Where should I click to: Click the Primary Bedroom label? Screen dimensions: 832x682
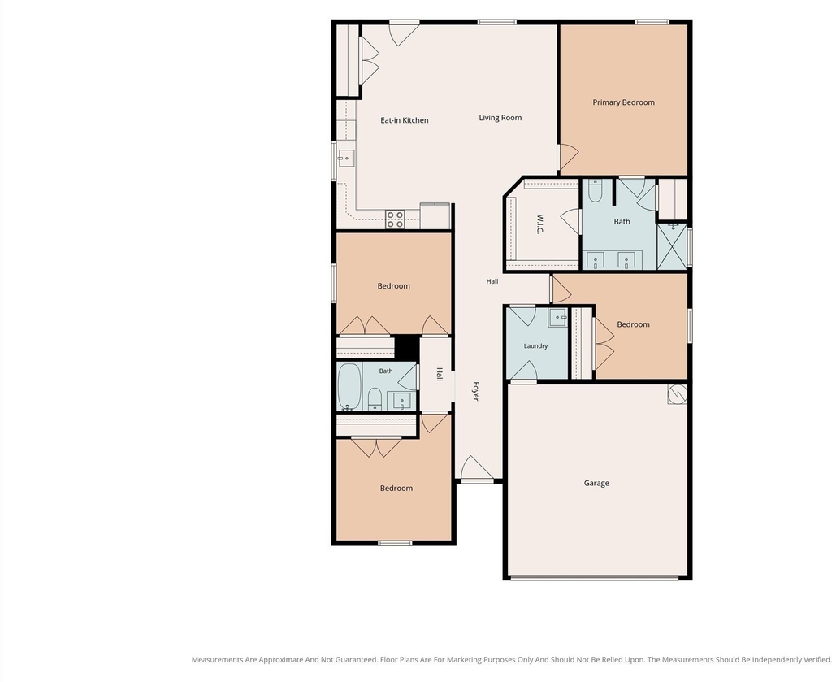point(623,102)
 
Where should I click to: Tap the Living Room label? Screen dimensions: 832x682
point(500,118)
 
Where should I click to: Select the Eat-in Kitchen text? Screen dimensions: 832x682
point(405,120)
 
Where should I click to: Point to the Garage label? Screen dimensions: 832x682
point(596,483)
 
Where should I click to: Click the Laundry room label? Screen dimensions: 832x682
point(535,346)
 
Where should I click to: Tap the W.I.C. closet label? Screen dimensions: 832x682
point(539,224)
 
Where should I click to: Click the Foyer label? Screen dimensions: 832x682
point(476,391)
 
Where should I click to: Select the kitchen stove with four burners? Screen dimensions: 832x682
point(396,219)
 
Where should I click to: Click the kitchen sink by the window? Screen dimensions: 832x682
point(346,158)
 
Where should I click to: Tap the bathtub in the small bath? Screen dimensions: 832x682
point(349,386)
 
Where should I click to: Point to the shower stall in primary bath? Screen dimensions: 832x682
point(672,247)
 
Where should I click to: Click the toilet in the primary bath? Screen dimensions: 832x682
point(595,191)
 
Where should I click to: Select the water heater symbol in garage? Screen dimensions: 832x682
point(677,393)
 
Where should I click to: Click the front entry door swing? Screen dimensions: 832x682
point(476,467)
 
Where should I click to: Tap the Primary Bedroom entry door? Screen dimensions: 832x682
point(568,157)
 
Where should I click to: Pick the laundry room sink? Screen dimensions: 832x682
point(557,317)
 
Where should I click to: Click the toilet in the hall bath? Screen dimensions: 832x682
point(375,399)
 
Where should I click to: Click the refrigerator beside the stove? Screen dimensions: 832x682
point(435,215)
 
